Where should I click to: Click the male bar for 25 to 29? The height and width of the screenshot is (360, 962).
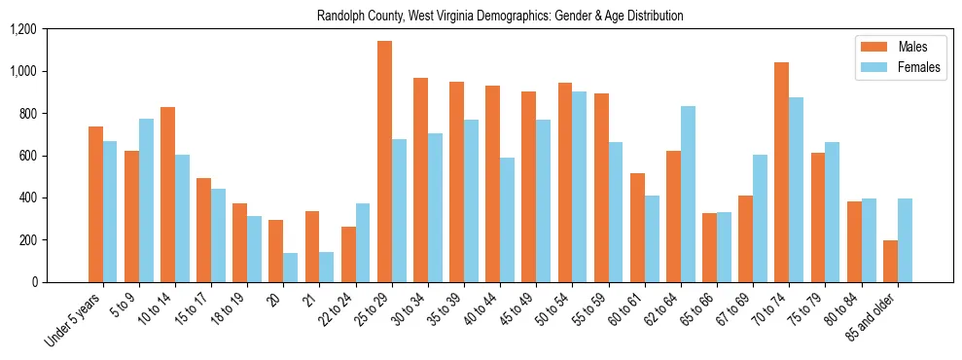point(384,162)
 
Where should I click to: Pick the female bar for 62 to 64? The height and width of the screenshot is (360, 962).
point(688,195)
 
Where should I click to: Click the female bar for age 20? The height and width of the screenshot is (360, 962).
point(291,268)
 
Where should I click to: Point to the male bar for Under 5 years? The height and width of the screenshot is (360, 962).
point(95,204)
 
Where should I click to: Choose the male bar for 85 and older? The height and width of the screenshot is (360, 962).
point(890,261)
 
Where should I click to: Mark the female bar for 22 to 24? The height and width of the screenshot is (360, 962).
point(363,242)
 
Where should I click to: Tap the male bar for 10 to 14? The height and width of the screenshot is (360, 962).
point(167,195)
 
